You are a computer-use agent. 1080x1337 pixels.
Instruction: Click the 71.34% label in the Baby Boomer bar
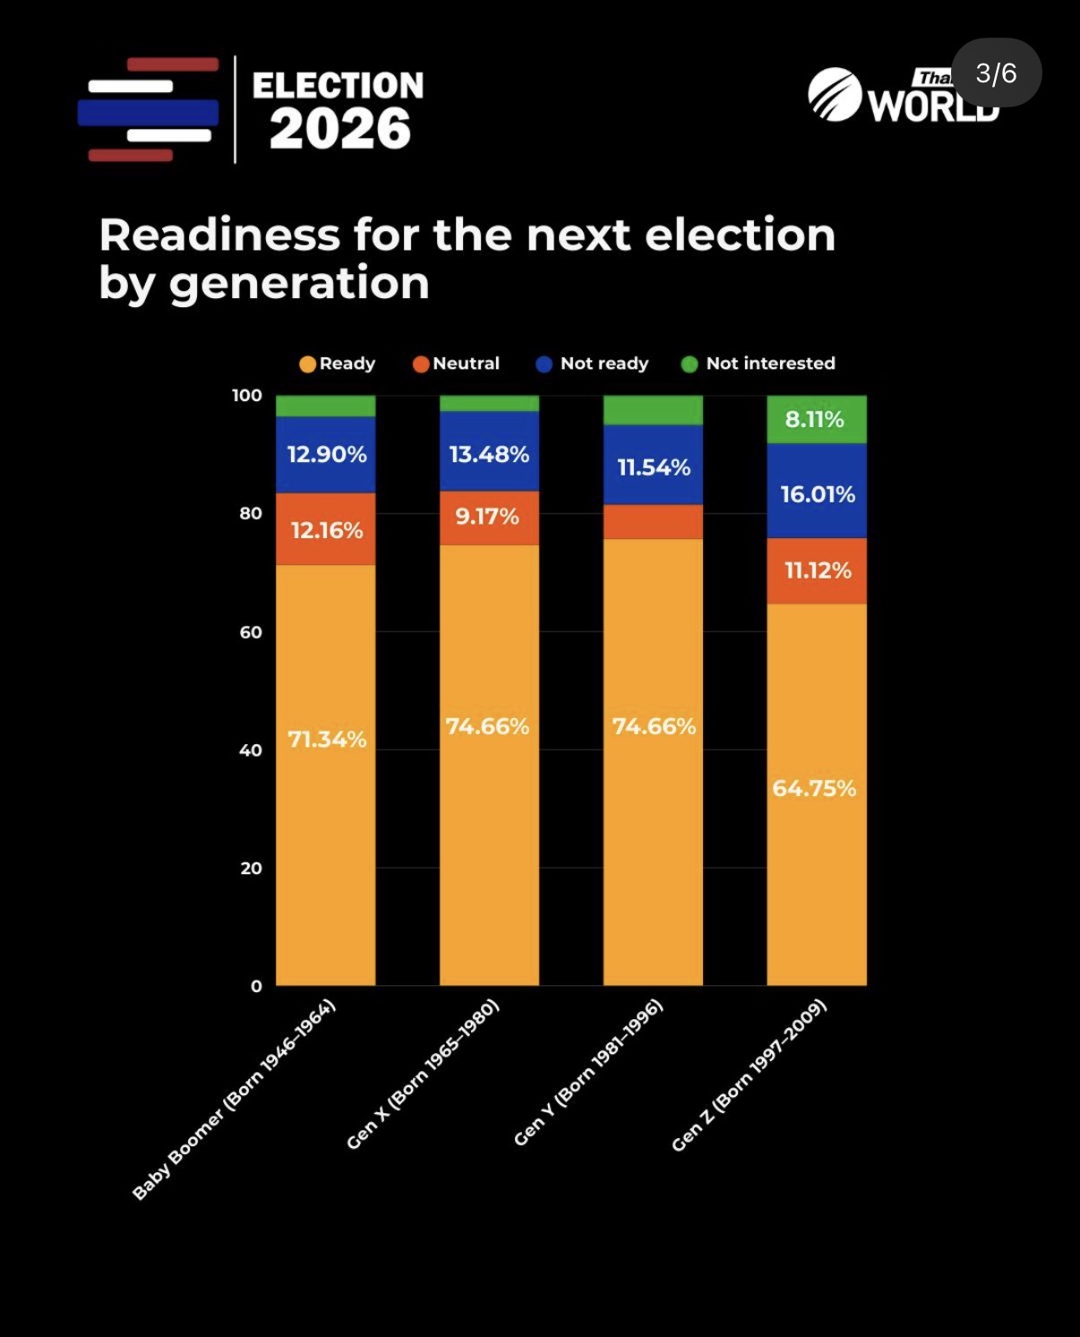point(327,740)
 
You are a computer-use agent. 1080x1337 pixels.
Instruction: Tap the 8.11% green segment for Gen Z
point(815,419)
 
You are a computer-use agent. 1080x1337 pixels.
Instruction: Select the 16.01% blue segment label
point(818,494)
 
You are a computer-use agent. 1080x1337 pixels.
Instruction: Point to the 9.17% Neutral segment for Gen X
point(487,517)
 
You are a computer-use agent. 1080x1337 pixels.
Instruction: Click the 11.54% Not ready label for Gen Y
point(654,467)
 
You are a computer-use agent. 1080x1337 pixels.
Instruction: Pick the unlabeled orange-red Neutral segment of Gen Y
point(653,522)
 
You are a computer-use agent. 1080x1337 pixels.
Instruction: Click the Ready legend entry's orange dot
point(307,364)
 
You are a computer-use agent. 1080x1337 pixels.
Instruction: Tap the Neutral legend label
point(466,364)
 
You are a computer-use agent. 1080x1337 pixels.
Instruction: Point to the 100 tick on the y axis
point(247,395)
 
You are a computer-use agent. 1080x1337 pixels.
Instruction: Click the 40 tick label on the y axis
point(251,750)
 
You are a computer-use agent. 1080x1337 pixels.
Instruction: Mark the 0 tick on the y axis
point(256,986)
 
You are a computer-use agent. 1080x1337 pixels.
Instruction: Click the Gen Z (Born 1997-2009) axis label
point(749,1076)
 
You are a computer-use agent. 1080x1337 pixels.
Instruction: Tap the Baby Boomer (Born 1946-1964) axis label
point(234,1099)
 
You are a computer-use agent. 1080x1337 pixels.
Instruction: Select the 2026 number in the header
point(340,129)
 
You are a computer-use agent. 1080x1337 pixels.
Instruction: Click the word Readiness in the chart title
point(219,236)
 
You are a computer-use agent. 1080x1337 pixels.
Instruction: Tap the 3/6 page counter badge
point(996,73)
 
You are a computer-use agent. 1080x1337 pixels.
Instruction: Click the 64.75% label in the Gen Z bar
point(814,789)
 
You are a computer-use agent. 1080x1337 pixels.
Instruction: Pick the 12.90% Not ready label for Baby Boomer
point(327,455)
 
